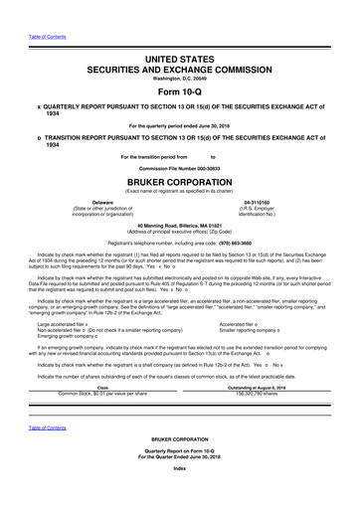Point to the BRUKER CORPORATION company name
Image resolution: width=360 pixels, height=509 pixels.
[180, 185]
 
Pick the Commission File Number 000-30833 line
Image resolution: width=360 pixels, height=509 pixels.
[180, 170]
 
